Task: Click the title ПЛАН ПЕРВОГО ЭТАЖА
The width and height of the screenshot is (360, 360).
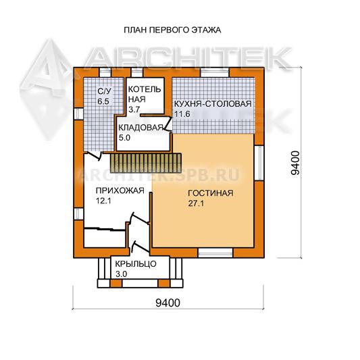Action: [172, 30]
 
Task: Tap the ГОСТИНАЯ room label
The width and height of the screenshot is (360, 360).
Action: [211, 193]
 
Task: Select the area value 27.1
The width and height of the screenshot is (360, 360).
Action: [196, 203]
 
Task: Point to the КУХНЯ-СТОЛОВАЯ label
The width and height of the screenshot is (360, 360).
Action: [213, 104]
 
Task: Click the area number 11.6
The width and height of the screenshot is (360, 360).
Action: [182, 114]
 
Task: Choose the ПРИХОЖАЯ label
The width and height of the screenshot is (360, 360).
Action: [120, 190]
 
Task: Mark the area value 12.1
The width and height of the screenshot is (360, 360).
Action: [103, 201]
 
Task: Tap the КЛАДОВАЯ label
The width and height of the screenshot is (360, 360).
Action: [140, 128]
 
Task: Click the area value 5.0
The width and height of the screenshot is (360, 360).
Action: [124, 138]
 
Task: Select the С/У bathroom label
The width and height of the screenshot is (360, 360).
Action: [104, 91]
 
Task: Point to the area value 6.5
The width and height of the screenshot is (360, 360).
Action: [103, 101]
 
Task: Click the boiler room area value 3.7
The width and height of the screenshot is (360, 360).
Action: [134, 109]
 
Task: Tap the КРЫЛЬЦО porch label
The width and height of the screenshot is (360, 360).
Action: [136, 264]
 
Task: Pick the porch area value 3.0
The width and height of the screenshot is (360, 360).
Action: [121, 274]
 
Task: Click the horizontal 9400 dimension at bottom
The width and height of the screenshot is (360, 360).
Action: [168, 303]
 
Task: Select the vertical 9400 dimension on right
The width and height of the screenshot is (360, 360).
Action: [295, 163]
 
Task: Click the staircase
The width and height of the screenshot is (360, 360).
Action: [146, 163]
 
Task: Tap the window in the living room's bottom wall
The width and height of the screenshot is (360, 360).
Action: [215, 253]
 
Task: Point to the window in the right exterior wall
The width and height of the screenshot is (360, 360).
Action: [259, 163]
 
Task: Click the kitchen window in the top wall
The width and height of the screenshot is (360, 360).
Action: [215, 72]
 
